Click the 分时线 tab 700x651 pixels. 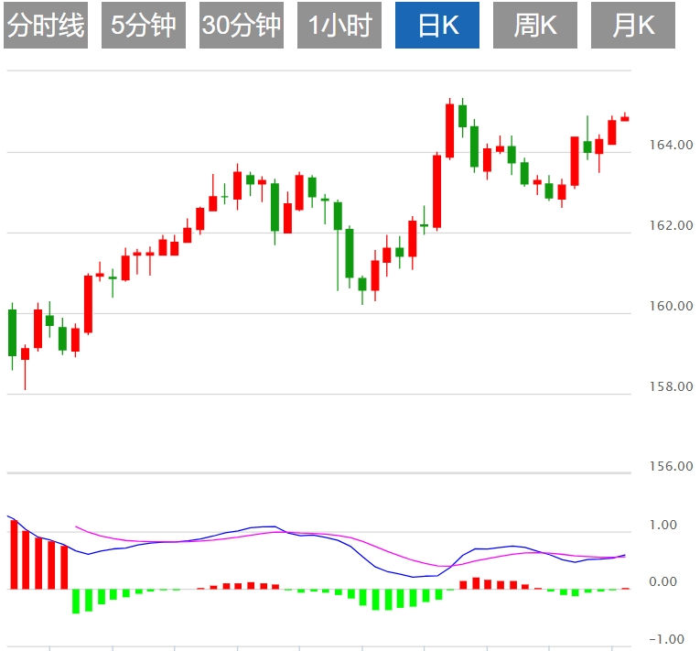[46, 26]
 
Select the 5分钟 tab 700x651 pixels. [144, 26]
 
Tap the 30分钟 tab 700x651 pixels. [242, 26]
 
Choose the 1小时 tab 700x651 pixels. [339, 26]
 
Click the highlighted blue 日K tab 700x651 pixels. [437, 26]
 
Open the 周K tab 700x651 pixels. [535, 26]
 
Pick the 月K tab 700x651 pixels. [633, 26]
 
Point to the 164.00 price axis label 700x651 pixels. [669, 145]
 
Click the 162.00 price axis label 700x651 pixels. [669, 225]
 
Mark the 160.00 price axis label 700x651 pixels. [669, 306]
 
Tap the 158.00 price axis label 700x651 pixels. [669, 386]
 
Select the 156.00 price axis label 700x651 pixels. [669, 466]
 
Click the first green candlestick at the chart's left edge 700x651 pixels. [13, 332]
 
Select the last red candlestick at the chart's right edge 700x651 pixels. [625, 118]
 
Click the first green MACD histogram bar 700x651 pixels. [76, 601]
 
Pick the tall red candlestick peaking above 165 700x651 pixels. [449, 131]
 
